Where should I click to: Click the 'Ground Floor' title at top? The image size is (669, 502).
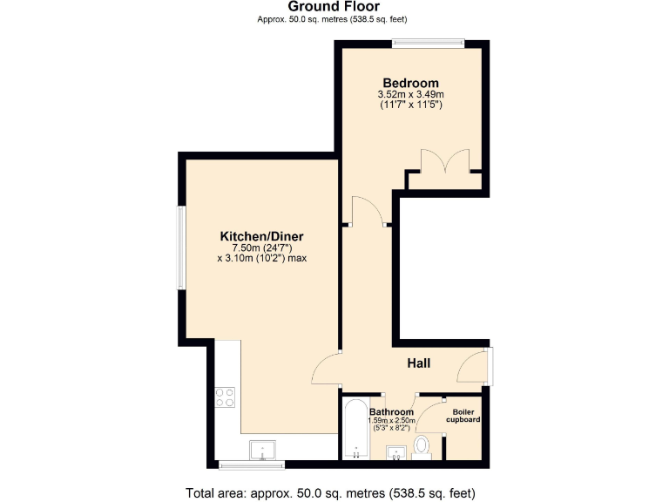click(x=334, y=7)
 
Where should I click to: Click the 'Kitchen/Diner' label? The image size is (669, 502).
click(x=260, y=236)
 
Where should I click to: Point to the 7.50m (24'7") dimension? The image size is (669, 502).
click(x=260, y=248)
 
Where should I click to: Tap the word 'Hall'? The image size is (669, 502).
click(x=418, y=363)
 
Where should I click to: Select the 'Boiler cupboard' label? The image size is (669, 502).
click(x=463, y=415)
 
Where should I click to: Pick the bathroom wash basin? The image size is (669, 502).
click(x=395, y=451)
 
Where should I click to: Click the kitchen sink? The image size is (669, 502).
click(x=262, y=450)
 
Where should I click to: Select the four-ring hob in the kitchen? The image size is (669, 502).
click(x=225, y=397)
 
